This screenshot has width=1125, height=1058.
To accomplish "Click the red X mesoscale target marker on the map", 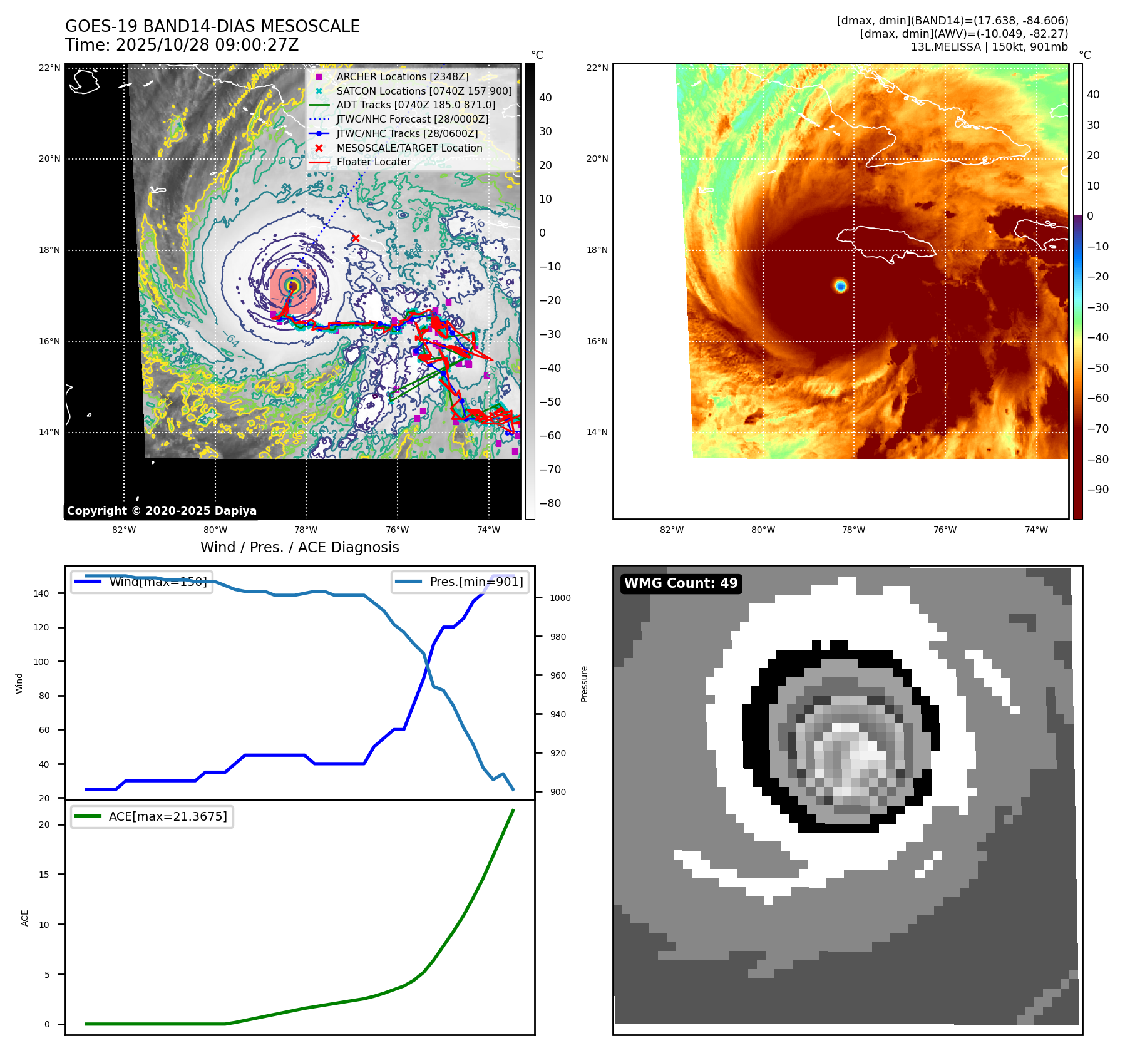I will (x=356, y=238).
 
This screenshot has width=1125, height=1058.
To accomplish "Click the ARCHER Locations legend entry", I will (x=402, y=76).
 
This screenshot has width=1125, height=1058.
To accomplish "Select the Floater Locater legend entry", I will (x=373, y=162).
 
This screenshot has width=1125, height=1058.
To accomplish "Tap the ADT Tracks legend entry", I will (x=415, y=105).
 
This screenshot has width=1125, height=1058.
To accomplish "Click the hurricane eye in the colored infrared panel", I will (x=840, y=286).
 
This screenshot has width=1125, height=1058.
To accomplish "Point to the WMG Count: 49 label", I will (x=681, y=583).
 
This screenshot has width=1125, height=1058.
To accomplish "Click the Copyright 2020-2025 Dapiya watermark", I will (x=162, y=511).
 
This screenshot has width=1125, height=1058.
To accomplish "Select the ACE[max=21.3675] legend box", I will (x=152, y=817).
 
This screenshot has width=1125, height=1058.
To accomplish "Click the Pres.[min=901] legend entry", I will (x=461, y=582).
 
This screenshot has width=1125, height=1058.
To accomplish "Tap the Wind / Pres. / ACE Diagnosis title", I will (x=299, y=547).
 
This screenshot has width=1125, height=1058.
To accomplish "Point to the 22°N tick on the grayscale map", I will (x=49, y=68).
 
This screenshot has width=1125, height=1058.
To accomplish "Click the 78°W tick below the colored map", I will (x=853, y=530).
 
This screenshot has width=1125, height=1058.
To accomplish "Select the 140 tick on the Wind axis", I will (x=41, y=593).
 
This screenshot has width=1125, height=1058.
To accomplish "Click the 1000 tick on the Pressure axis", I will (x=560, y=598).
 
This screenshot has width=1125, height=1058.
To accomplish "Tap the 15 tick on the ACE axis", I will (x=44, y=875).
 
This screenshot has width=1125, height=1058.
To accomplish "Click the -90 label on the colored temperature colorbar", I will (x=1097, y=490).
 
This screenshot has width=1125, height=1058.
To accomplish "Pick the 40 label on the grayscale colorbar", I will (x=545, y=98).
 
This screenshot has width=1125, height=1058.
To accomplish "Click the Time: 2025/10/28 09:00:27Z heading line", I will (x=182, y=45).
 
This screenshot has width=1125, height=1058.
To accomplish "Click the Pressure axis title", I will (x=584, y=684).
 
